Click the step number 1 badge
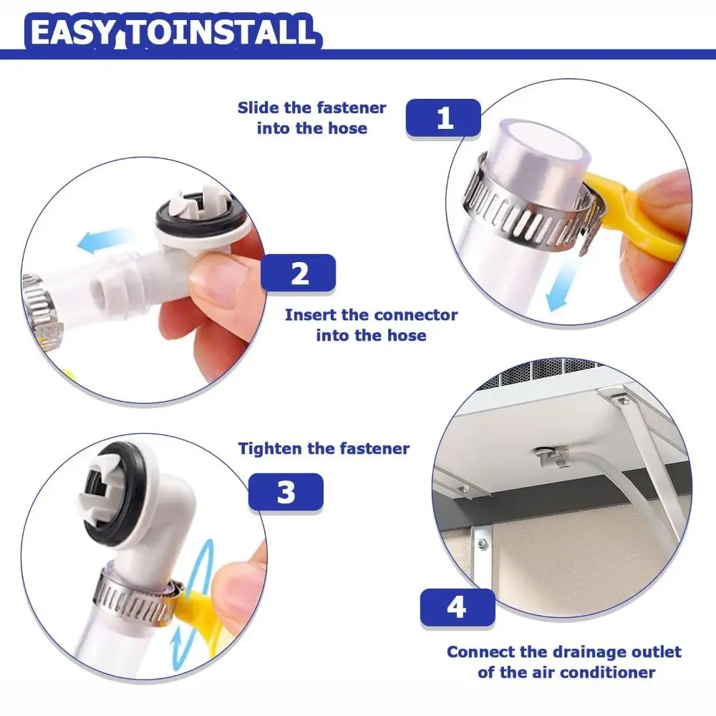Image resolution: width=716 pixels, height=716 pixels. (443, 118)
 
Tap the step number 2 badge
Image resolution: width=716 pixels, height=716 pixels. (298, 273)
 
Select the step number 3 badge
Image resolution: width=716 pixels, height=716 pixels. (286, 493)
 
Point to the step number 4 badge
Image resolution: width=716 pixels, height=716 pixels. (457, 607)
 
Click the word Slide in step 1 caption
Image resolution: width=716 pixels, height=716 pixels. (258, 108)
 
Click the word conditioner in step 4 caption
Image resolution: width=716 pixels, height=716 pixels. (608, 672)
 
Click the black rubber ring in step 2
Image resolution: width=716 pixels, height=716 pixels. (201, 217)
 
